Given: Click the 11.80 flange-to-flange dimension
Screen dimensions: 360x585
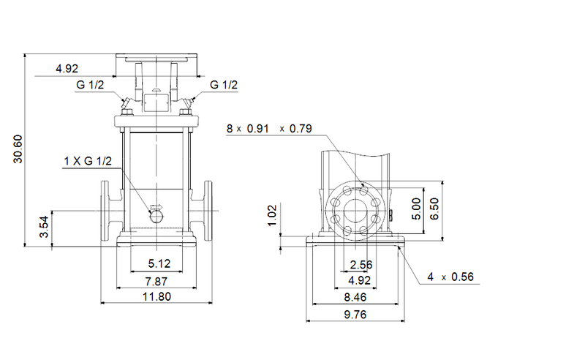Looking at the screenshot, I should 156,296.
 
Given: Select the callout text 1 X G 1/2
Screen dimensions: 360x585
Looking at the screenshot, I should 86,161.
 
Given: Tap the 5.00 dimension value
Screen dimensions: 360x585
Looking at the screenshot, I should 416,209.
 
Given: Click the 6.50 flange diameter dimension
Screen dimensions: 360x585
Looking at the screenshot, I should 436,209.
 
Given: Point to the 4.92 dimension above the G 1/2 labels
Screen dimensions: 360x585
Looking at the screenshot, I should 67,70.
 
